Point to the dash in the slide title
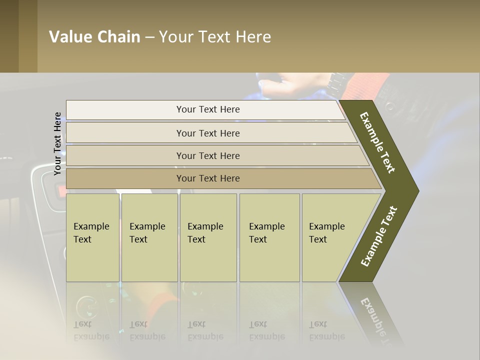149,37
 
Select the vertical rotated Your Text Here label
57,143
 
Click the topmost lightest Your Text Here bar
207,109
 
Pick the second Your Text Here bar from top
207,133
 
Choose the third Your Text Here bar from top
207,155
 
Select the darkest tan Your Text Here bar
207,178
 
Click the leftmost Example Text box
92,237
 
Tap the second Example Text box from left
149,237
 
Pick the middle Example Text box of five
207,237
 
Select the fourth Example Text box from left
269,237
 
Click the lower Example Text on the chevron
378,236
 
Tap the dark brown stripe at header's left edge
9,36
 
